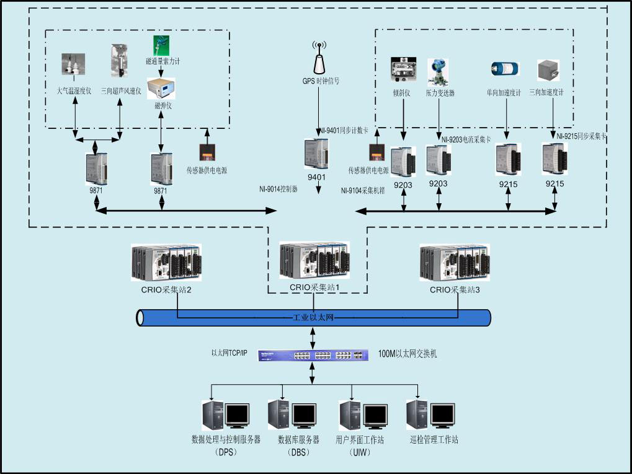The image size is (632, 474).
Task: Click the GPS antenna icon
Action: [320, 59]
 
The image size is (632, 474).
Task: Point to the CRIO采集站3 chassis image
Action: [454, 263]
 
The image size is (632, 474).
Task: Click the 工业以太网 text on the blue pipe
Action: [313, 317]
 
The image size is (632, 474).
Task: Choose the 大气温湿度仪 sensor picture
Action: [73, 65]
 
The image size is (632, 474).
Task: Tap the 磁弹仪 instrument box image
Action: [161, 89]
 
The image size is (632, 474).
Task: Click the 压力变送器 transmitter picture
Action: [438, 71]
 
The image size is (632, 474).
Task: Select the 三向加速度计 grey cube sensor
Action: [548, 69]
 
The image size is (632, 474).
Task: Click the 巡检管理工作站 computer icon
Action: [432, 415]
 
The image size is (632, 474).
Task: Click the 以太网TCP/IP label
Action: [229, 353]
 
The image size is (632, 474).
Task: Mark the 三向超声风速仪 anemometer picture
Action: [120, 59]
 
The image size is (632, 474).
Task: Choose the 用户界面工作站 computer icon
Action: [363, 415]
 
